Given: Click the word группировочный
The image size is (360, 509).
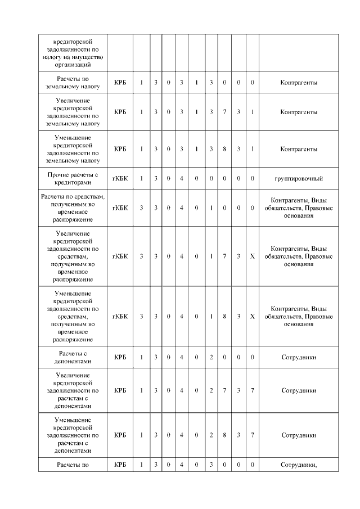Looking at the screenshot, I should (299, 179).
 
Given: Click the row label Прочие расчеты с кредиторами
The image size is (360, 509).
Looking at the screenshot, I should (73, 179).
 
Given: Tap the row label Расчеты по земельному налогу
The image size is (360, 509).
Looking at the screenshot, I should (73, 83).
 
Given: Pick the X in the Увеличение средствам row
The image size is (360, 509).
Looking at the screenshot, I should (253, 256).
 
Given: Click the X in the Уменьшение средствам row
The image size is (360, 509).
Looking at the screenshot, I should (253, 316).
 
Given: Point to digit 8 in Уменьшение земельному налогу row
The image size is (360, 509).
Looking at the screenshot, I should (224, 149).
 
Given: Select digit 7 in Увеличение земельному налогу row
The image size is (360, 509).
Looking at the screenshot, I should (224, 112).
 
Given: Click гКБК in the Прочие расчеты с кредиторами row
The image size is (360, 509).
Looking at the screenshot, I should (120, 179).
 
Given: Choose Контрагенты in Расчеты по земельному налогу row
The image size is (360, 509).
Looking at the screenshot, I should (299, 83).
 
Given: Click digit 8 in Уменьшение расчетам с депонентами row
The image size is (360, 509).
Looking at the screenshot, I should (224, 435).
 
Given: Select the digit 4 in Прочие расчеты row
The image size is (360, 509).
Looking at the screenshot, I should (182, 179).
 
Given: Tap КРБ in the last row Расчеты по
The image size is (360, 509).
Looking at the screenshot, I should (120, 465).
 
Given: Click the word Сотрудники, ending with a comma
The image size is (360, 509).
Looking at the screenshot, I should (299, 465).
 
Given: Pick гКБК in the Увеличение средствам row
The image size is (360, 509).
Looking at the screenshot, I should (120, 256).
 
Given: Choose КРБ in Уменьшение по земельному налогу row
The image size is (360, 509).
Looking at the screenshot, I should (120, 149).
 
